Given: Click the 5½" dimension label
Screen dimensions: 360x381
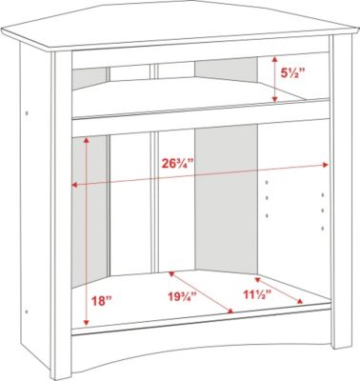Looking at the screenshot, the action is [292, 73].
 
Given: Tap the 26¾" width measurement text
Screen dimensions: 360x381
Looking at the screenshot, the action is [178, 164].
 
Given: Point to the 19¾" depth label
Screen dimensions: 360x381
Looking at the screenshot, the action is [182, 297].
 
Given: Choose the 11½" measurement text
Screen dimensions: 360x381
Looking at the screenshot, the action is [257, 294].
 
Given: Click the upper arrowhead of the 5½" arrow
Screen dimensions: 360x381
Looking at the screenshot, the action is [275, 59].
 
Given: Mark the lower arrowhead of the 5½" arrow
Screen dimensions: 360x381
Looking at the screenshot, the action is [275, 99].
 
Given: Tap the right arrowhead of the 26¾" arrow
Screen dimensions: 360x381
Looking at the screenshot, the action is [325, 165].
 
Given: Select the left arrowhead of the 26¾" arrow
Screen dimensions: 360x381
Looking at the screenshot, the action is [75, 185].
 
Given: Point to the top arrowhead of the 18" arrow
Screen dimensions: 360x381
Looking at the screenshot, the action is [86, 140].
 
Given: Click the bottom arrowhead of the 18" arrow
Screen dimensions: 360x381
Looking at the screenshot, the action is [86, 323].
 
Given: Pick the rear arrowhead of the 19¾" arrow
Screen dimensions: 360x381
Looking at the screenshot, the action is [171, 273].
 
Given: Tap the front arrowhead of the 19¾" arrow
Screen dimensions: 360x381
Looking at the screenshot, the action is [231, 311].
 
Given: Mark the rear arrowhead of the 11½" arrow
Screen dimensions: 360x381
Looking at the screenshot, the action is [257, 280].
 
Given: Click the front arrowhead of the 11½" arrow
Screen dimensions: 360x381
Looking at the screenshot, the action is [299, 301].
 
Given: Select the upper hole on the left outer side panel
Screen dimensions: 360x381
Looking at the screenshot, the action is [27, 112].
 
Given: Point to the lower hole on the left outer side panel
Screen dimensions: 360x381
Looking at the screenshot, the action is [27, 311].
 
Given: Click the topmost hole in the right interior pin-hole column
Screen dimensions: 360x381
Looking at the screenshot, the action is [323, 194].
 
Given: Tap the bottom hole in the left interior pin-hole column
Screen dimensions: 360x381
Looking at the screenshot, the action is [267, 216].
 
